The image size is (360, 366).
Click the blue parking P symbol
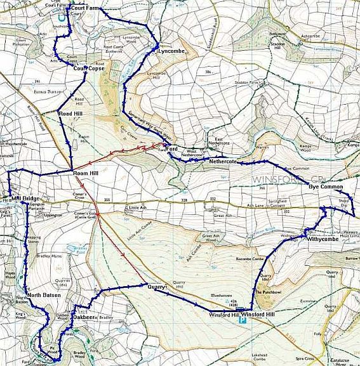coord(241,321)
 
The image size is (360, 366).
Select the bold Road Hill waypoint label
coord(70,114)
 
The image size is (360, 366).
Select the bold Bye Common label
coord(325,187)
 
